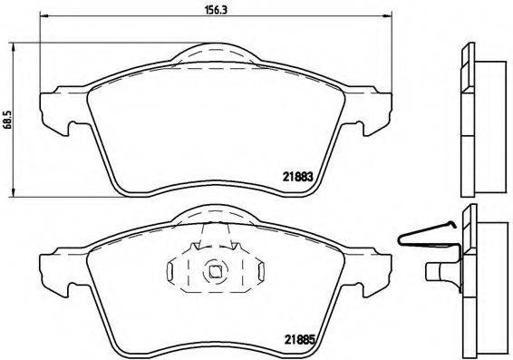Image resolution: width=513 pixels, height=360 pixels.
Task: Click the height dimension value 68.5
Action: coord(7,121)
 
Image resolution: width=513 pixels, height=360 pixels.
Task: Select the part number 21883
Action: coord(298,178)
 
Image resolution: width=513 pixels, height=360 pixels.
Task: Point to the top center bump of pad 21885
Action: coord(215,215)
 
